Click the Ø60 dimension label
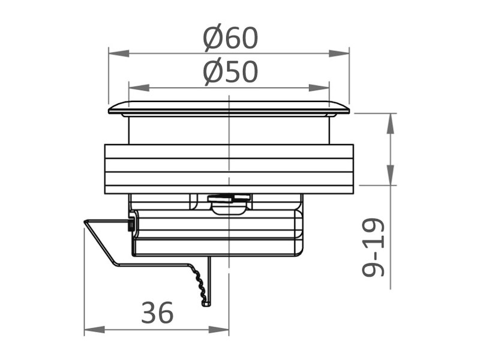click(230, 38)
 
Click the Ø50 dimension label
click(230, 73)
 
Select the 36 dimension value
click(157, 313)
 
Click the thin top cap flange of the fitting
click(229, 109)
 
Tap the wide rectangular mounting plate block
click(229, 169)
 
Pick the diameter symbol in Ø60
click(213, 38)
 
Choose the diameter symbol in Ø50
click(213, 73)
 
